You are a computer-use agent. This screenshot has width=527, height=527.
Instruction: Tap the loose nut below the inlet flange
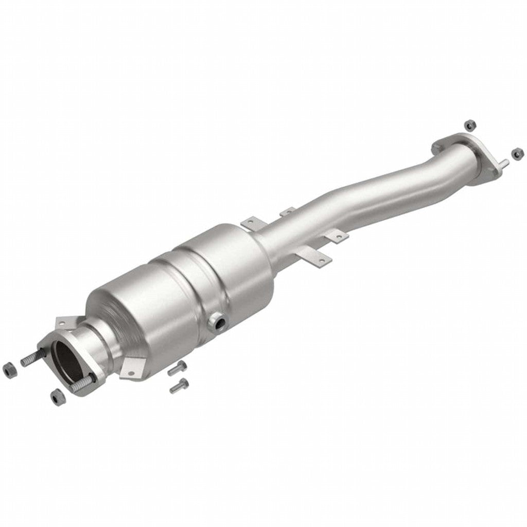pos(58,396)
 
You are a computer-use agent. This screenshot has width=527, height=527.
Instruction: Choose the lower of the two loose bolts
pos(179,385)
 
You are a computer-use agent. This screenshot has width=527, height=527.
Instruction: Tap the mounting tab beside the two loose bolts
pos(131,367)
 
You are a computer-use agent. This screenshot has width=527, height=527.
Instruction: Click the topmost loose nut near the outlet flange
pos(469,125)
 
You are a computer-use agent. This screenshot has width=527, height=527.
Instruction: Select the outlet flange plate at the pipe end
pos(463,149)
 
